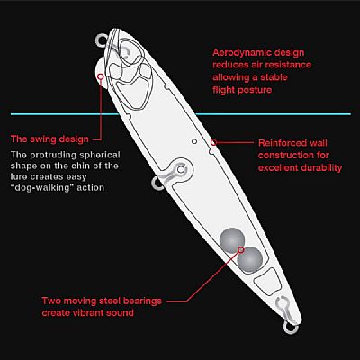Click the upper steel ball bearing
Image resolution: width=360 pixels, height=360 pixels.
click(x=232, y=240)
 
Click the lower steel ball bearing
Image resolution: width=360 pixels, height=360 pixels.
click(x=250, y=260)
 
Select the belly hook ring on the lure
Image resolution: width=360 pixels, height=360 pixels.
click(x=157, y=184)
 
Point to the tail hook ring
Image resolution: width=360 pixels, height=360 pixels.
click(x=291, y=328)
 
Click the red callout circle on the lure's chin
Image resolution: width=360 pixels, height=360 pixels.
click(x=101, y=76)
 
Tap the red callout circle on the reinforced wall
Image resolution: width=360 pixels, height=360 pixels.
click(x=213, y=142)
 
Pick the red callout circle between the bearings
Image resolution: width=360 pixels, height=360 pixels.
click(x=240, y=249)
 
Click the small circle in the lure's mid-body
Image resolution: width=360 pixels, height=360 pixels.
click(x=194, y=141)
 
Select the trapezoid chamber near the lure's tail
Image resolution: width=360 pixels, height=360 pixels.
click(x=267, y=281)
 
